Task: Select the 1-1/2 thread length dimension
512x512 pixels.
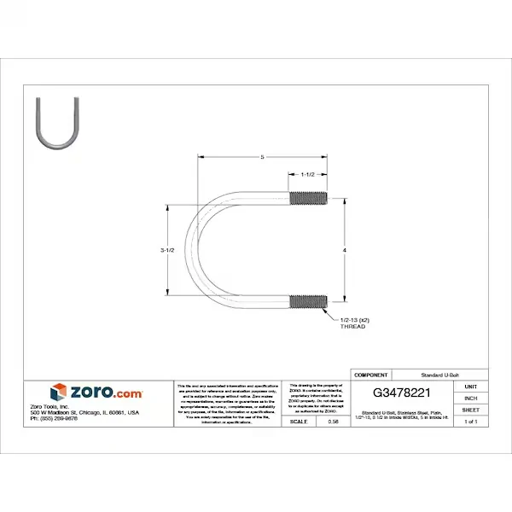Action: (x=308, y=174)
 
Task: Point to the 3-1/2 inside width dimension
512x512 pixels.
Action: (x=167, y=250)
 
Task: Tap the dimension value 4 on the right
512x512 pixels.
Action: (x=345, y=250)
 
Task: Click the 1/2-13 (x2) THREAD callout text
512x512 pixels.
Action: (x=354, y=323)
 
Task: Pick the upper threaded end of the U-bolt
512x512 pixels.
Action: (x=308, y=199)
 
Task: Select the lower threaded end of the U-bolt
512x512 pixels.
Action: (x=308, y=301)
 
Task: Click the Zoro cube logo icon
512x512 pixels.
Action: (x=58, y=393)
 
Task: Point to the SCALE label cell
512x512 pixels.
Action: (x=300, y=422)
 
